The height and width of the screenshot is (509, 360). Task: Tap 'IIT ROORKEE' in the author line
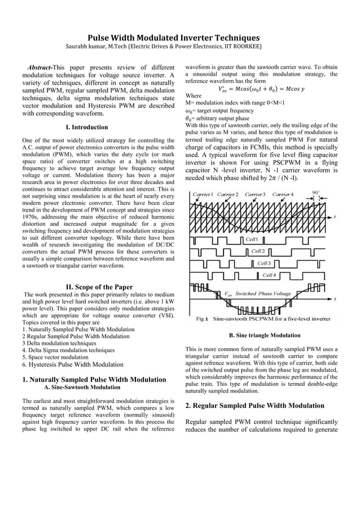point(241,46)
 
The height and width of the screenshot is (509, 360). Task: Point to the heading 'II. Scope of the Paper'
point(99,287)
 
